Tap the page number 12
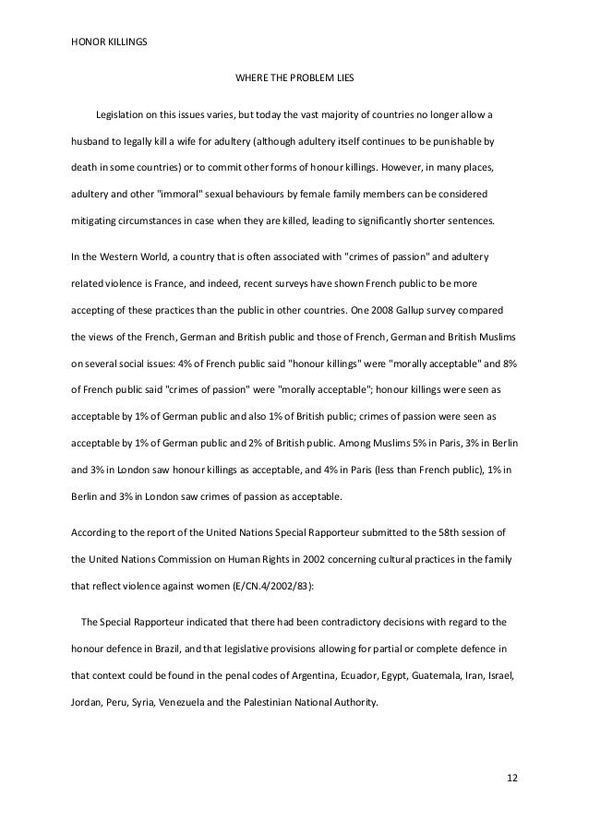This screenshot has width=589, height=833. click(512, 777)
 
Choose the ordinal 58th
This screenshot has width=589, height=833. click(425, 532)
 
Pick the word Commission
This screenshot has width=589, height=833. click(172, 558)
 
